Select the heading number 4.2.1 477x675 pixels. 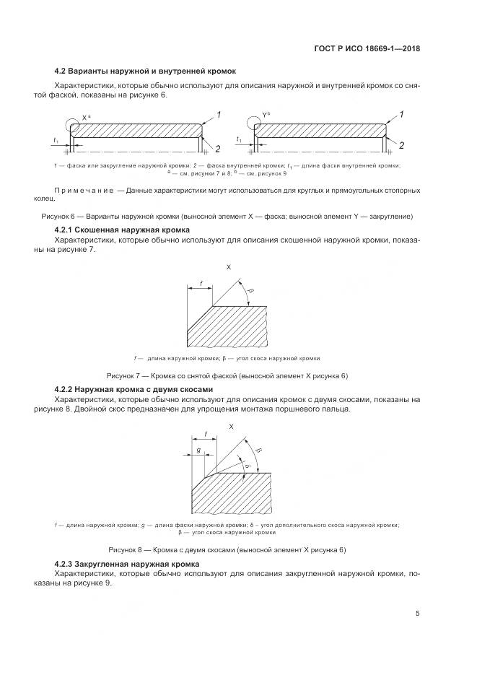[68, 230]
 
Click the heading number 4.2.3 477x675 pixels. [68, 563]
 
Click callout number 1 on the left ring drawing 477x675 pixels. [219, 115]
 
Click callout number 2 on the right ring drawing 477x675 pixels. [401, 146]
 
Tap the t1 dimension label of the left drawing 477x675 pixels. [56, 139]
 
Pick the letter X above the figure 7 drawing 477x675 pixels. [229, 266]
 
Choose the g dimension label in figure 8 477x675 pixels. [198, 450]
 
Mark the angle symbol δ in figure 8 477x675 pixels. [246, 466]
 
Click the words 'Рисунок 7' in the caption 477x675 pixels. [123, 376]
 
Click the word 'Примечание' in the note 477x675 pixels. [84, 190]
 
